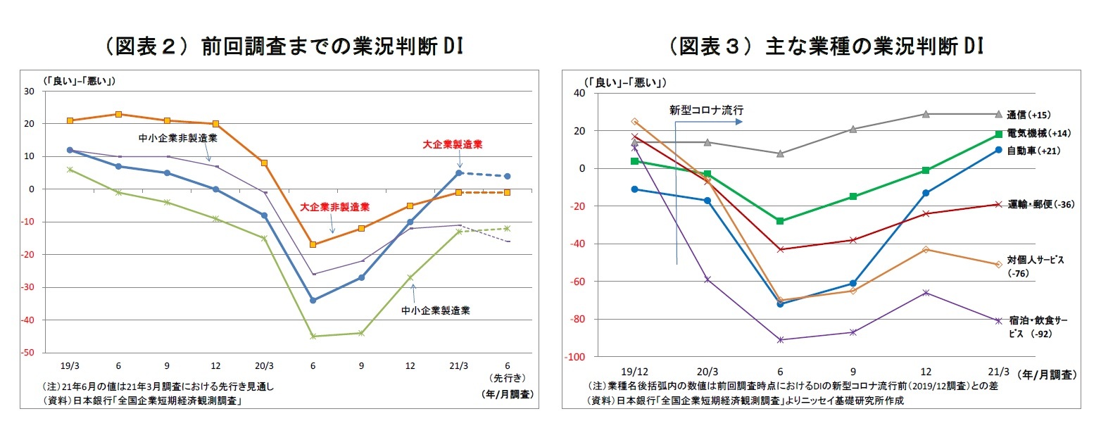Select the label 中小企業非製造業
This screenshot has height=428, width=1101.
pos(177,138)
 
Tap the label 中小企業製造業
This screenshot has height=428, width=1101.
pos(436,309)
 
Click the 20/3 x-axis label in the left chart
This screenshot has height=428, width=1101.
pos(264,367)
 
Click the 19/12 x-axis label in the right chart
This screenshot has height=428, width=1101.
pos(634,371)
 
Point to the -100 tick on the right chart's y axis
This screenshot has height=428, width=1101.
pos(575,357)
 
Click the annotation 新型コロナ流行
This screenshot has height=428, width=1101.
pos(706,110)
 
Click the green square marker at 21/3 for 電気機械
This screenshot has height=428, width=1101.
pos(998,134)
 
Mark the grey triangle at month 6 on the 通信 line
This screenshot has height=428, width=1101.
pos(780,153)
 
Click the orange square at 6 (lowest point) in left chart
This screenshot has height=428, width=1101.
pos(313,244)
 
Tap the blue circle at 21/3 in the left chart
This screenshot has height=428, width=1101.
pos(458,172)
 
